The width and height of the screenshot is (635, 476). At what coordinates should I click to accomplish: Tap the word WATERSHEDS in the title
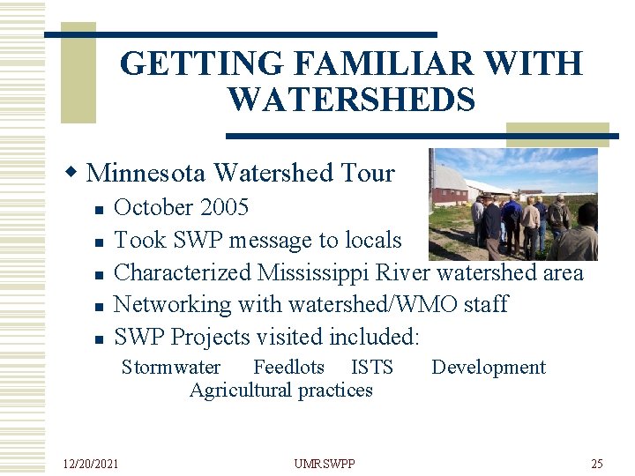351,99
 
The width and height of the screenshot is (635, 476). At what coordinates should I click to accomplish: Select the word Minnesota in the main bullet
146,173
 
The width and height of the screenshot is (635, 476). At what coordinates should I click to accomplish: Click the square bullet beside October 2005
100,210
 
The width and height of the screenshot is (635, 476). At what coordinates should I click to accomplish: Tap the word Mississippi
317,272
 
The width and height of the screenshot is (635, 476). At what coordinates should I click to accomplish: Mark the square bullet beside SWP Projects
100,338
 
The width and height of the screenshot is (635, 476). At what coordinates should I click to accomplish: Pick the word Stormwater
171,368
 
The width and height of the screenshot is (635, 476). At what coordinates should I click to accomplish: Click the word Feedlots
288,368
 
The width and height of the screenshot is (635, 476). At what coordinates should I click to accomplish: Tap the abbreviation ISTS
371,368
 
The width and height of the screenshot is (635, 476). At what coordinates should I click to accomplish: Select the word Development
489,368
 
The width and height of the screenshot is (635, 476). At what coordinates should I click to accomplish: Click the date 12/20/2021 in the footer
93,463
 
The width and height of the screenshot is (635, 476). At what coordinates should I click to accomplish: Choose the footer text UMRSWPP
324,463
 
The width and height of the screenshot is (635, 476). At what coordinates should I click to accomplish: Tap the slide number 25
597,463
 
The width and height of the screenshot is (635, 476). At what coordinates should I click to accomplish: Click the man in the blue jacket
511,220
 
